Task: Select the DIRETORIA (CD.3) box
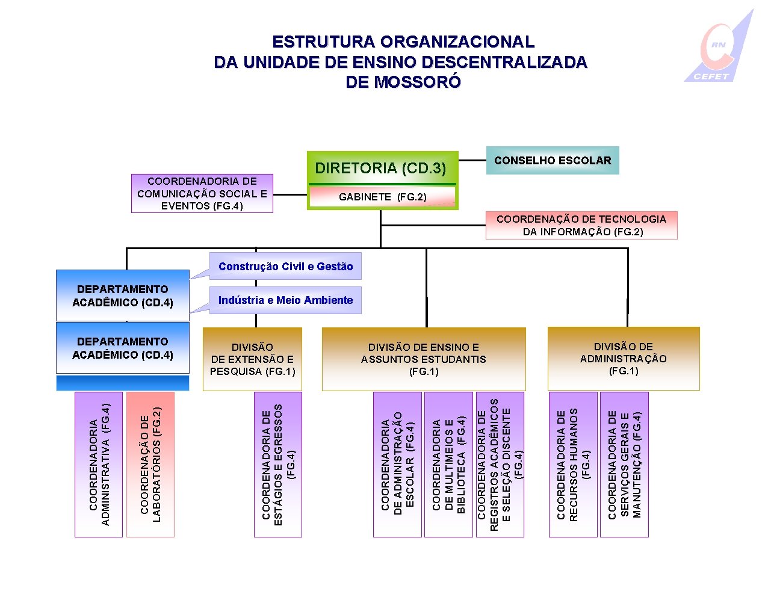pyautogui.click(x=380, y=168)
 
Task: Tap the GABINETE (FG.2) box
pyautogui.click(x=382, y=197)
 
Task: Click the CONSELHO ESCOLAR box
pyautogui.click(x=552, y=161)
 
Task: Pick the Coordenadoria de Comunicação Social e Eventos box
pyautogui.click(x=202, y=193)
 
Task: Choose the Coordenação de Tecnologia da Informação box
pyautogui.click(x=581, y=225)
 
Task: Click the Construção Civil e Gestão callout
pyautogui.click(x=285, y=266)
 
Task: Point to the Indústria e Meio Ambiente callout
pyautogui.click(x=285, y=300)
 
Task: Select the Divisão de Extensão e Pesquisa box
pyautogui.click(x=252, y=359)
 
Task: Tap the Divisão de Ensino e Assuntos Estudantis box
pyautogui.click(x=424, y=359)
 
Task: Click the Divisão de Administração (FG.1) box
pyautogui.click(x=624, y=359)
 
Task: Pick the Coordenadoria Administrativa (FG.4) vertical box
pyautogui.click(x=99, y=464)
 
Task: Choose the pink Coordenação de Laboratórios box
pyautogui.click(x=150, y=464)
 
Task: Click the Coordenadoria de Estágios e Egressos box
pyautogui.click(x=278, y=464)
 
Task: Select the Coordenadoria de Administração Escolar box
pyautogui.click(x=397, y=464)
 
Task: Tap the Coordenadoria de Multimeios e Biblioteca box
pyautogui.click(x=448, y=464)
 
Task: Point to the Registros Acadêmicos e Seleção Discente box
pyautogui.click(x=500, y=464)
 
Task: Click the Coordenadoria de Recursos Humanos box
pyautogui.click(x=573, y=464)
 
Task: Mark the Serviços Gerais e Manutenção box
pyautogui.click(x=624, y=464)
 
